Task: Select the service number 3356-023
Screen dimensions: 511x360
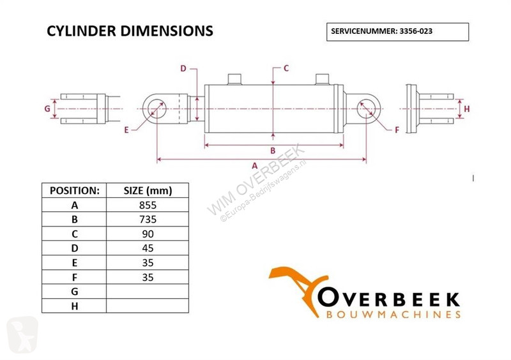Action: (x=416, y=31)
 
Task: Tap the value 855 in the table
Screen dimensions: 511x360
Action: (x=148, y=206)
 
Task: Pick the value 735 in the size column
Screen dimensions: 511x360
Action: (x=148, y=220)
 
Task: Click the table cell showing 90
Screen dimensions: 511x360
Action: (x=148, y=234)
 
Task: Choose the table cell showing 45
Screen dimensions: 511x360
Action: (x=148, y=248)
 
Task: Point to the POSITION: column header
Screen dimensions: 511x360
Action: (x=75, y=191)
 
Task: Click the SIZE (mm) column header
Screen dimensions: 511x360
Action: (x=148, y=191)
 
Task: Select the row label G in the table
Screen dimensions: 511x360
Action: (x=75, y=292)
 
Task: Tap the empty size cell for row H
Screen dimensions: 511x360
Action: (x=148, y=306)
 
